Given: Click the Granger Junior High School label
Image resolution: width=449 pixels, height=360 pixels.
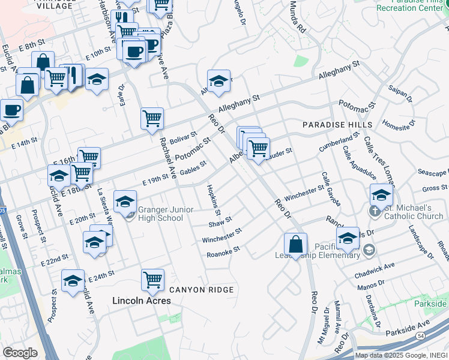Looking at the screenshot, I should coord(160,214).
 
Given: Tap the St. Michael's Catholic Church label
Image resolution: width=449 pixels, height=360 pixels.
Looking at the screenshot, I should coord(412,212).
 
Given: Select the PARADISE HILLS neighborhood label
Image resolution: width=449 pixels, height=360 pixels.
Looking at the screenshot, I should coord(337,125).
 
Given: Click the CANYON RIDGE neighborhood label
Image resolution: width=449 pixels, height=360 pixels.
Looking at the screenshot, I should coord(200,290).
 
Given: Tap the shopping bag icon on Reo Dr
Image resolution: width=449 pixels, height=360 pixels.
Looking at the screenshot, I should coord(296,245).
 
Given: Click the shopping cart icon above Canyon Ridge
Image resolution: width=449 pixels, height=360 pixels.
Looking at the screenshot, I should coord(153,279).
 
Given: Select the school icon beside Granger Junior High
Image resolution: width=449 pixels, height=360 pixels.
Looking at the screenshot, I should coord(125,202).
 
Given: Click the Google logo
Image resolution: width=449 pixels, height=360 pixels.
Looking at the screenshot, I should coord(20,352).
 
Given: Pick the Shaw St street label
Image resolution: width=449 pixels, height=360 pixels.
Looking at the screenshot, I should coord(220,223).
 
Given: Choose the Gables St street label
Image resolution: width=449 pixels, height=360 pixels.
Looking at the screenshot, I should coord(193,167).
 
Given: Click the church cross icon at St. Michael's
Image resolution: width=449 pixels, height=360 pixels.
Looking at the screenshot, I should coord(374,211).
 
